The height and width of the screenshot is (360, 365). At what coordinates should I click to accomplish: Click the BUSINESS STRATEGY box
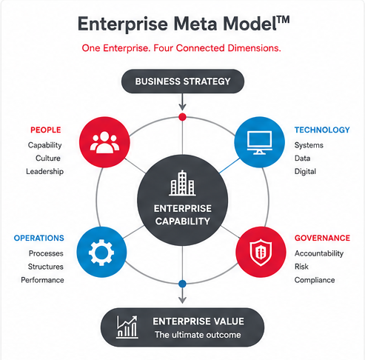tap(183, 81)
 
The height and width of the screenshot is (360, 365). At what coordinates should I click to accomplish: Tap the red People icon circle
tap(104, 142)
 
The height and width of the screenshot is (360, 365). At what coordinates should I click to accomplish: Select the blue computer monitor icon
tap(260, 143)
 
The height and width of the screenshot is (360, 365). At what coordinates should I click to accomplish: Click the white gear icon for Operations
tap(101, 253)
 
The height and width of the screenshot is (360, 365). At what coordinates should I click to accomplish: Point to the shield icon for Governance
tap(261, 252)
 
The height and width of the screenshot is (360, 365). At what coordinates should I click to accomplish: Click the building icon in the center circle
tap(182, 183)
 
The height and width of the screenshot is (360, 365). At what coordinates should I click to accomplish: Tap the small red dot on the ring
tap(182, 117)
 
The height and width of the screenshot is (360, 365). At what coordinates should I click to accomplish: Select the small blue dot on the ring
tap(182, 284)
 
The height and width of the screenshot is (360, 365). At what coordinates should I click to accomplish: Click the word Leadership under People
tap(45, 171)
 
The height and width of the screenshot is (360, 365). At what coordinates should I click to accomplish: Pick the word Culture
tap(48, 158)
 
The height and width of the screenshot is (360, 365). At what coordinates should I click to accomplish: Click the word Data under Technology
tap(302, 158)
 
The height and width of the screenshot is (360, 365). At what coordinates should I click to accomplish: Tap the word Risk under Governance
tap(301, 267)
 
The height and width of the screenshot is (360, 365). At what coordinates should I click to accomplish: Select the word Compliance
tap(315, 280)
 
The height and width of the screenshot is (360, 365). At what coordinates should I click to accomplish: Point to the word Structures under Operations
tap(46, 267)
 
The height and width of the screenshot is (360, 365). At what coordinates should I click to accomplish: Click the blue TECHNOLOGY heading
tap(322, 130)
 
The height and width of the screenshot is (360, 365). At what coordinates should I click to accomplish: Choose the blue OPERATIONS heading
tap(39, 238)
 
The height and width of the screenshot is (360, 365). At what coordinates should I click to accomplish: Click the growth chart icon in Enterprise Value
tap(127, 327)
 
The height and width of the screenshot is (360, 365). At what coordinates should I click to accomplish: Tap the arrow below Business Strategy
tap(182, 102)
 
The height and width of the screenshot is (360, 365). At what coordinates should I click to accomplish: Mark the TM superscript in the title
tap(283, 20)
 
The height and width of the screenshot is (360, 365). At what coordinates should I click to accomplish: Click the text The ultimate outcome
tap(198, 335)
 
